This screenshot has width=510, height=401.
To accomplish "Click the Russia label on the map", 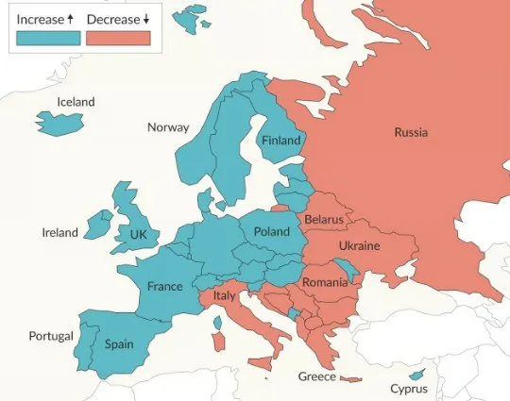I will coord(411,132).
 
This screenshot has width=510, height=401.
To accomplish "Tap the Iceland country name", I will coord(76,102).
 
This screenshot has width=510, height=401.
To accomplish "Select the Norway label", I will coord(168,127).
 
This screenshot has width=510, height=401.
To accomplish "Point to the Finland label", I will coord(280,141).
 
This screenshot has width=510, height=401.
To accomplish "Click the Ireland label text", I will coord(60,232).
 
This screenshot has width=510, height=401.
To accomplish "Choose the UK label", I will coord(139,234).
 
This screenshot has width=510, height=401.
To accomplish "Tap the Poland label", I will coord(272,231).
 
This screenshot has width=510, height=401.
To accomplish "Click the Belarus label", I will coord(324,220).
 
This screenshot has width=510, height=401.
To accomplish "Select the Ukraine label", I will coord(359,245).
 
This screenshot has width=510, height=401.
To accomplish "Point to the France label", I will coord(164,286).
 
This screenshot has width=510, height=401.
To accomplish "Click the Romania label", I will coord(325,282).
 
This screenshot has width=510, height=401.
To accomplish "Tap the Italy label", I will coord(224,295).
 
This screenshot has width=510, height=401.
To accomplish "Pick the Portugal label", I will coord(51,336).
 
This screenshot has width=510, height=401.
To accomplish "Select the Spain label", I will coord(119,344).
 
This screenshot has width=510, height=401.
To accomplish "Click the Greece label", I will coord(317,376).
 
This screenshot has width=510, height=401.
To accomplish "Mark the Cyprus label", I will coord(409,389).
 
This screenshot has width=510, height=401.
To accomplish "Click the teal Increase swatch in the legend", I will coord(48,37).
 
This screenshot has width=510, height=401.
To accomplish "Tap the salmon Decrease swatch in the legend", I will coord(118,37).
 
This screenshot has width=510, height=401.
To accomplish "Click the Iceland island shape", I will coord(59,122).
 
